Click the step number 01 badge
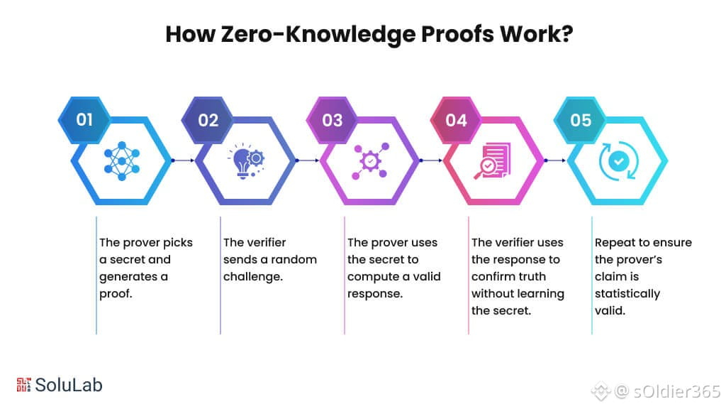click(x=84, y=120)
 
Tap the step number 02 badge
click(x=208, y=120)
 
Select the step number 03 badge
click(x=332, y=120)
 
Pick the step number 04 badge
click(x=456, y=120)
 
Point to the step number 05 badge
click(x=580, y=120)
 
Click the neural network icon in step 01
click(x=122, y=161)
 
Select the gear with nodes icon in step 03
click(x=370, y=161)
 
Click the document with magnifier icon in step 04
click(x=493, y=161)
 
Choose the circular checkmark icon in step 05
click(x=618, y=161)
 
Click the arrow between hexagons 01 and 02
click(x=183, y=160)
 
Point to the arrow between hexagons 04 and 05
click(x=555, y=160)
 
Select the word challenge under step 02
click(x=253, y=277)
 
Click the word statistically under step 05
click(x=627, y=294)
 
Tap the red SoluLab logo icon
click(x=23, y=384)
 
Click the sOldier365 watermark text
click(x=676, y=391)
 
